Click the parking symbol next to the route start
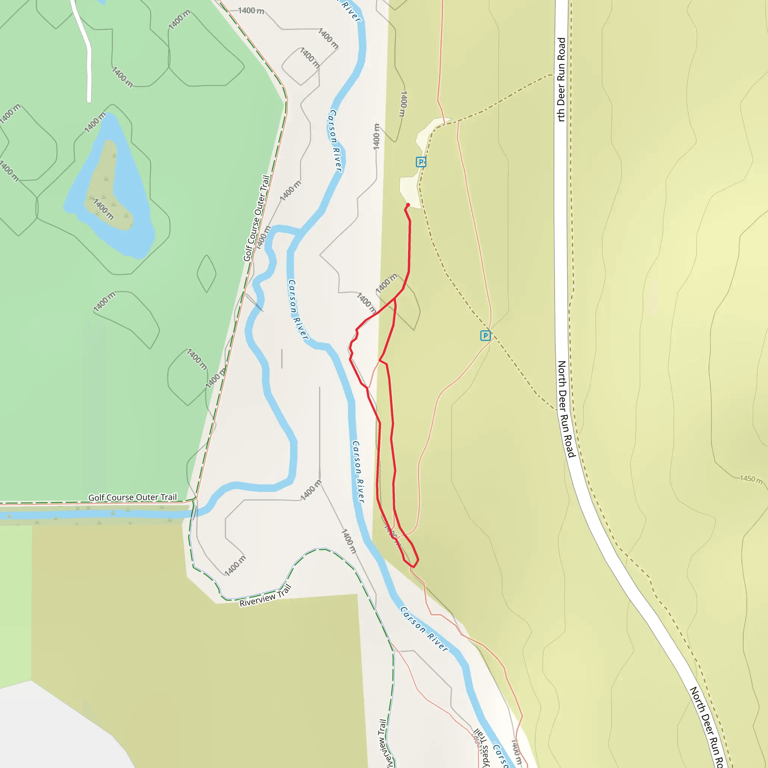pyautogui.click(x=421, y=162)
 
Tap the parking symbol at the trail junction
pyautogui.click(x=485, y=336)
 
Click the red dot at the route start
pyautogui.click(x=408, y=205)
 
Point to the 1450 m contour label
pyautogui.click(x=751, y=479)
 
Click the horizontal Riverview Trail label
pyautogui.click(x=265, y=595)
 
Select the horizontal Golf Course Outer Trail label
pyautogui.click(x=132, y=497)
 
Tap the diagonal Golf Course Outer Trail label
pyautogui.click(x=256, y=218)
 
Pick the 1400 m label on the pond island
pyautogui.click(x=103, y=209)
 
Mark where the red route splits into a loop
pyautogui.click(x=394, y=299)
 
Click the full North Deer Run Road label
pyautogui.click(x=567, y=409)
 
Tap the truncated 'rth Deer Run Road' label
pyautogui.click(x=561, y=79)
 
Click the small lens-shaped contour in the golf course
pyautogui.click(x=206, y=273)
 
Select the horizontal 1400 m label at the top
pyautogui.click(x=251, y=11)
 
